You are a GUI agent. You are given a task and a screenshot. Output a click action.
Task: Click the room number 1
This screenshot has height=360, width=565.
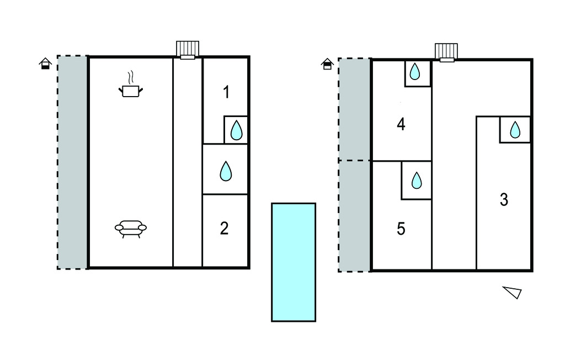(226, 92)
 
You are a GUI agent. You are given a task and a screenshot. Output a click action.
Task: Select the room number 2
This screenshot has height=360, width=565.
(224, 228)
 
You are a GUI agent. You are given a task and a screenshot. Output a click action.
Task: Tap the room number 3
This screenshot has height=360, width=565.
(504, 200)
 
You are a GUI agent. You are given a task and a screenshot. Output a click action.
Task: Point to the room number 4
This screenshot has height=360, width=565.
(401, 125)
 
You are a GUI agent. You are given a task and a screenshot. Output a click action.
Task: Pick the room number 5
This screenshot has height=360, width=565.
(401, 228)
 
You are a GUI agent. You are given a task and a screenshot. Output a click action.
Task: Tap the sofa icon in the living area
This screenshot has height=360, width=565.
(131, 227)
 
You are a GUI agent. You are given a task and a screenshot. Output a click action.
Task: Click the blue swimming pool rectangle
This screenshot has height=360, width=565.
(294, 262)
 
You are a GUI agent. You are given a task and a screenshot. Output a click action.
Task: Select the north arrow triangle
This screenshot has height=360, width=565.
(513, 292)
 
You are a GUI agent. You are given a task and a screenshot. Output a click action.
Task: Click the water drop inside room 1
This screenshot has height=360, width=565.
(236, 131)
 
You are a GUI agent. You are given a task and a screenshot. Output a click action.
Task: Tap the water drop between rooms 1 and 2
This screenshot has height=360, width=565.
(225, 171)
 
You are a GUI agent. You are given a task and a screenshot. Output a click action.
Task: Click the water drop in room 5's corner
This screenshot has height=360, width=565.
(417, 181)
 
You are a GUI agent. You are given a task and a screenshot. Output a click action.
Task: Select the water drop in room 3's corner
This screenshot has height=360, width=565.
(515, 130)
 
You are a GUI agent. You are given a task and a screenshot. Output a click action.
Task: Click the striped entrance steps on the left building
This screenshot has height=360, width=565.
(188, 49)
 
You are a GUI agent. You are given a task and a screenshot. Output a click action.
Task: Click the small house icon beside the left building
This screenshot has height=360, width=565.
(45, 63)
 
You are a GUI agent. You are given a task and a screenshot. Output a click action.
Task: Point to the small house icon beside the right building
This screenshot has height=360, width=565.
(327, 64)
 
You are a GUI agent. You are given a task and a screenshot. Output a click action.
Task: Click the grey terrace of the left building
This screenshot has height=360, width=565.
(73, 162)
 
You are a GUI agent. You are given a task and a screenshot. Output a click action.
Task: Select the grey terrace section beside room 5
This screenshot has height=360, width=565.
(354, 216)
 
